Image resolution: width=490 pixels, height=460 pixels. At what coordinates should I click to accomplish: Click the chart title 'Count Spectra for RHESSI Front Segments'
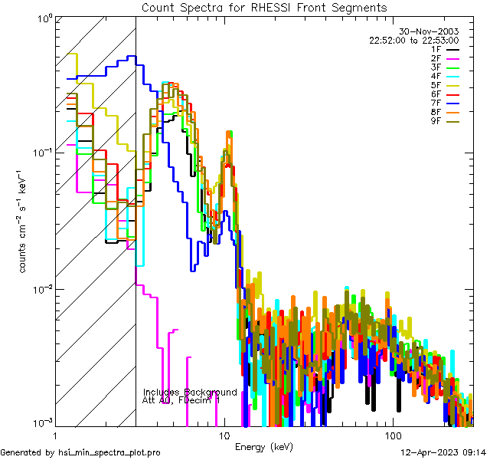coord(264,7)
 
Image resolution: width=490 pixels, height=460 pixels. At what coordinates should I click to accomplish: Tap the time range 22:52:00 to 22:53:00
coord(413,40)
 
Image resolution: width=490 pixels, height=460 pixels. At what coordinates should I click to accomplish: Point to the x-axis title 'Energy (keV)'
coord(264,446)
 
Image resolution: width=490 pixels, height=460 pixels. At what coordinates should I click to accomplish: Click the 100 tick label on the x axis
coord(392,435)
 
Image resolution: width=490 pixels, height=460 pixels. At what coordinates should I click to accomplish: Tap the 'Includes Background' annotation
coord(190,392)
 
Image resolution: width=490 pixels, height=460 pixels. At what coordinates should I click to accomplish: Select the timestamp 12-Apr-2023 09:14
coord(444,453)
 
